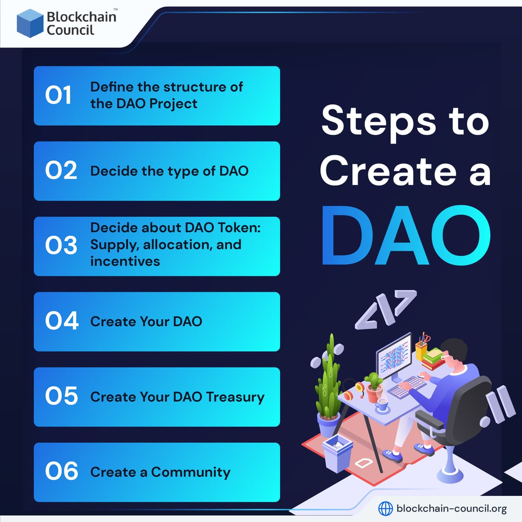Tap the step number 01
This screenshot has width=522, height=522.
coord(58,95)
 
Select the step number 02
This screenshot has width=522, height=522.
coord(61,171)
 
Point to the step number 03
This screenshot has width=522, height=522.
coord(61,245)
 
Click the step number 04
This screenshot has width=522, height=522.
coord(61,321)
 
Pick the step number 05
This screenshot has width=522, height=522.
coord(61,396)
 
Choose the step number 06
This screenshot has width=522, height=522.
coord(61,472)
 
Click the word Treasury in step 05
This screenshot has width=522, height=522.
coord(235,397)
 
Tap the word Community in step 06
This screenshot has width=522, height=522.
coord(191,472)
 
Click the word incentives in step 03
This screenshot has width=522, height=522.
coord(125,261)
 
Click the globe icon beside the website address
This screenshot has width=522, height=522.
coord(385,508)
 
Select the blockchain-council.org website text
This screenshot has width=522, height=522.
coord(452,508)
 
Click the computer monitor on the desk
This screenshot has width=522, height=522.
coord(394,357)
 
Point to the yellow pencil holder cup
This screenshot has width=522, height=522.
coord(421,350)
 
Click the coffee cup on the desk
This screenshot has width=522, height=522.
coord(382,404)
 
